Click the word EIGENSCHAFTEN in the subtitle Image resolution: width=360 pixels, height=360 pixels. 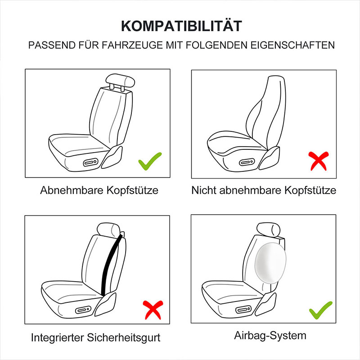tap(292, 45)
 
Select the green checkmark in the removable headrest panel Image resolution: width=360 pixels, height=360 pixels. tap(150, 161)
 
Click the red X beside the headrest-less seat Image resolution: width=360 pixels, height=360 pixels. tap(319, 161)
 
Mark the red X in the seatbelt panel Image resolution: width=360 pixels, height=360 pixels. tap(153, 310)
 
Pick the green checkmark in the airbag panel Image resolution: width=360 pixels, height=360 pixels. tap(321, 310)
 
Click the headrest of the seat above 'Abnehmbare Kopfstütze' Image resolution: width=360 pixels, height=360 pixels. tap(120, 81)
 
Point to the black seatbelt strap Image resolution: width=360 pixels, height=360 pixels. tap(112, 264)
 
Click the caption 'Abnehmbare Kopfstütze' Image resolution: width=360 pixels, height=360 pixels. tap(99, 190)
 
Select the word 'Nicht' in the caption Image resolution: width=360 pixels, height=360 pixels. tap(204, 190)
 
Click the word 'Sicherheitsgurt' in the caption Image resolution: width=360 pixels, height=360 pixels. tap(124, 338)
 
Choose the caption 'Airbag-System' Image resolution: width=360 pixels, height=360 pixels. tap(270, 336)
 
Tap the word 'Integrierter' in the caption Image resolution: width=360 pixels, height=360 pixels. tap(58, 338)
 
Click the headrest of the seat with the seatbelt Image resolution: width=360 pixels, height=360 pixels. tap(108, 229)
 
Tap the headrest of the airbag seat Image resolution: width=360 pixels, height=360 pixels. tap(268, 229)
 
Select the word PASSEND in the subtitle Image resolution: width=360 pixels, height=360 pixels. tap(52, 45)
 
